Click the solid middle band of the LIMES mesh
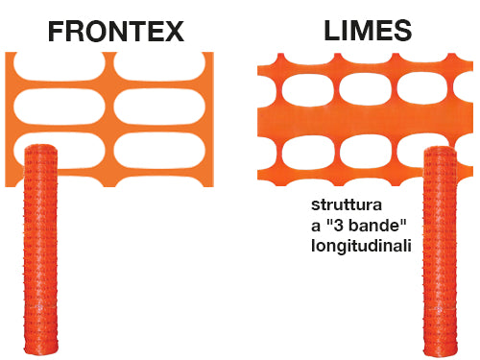(369, 122)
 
